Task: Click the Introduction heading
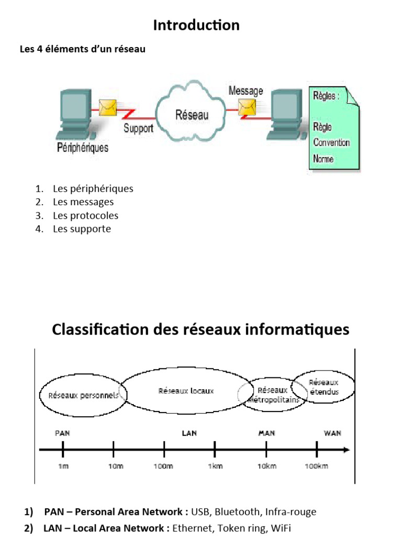(x=196, y=25)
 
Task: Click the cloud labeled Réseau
(x=192, y=114)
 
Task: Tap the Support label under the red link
(x=138, y=128)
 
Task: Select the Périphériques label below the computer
(x=83, y=148)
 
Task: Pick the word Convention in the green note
(x=331, y=142)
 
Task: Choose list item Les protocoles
(x=85, y=216)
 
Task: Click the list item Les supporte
(x=82, y=229)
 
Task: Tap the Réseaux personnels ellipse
(x=82, y=395)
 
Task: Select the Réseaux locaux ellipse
(x=186, y=391)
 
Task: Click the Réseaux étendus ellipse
(x=323, y=387)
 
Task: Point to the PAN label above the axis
(x=62, y=433)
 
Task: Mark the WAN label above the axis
(x=332, y=433)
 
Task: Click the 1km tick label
(x=215, y=466)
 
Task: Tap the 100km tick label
(x=316, y=466)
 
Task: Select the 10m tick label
(x=116, y=466)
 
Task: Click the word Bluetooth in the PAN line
(x=237, y=512)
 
